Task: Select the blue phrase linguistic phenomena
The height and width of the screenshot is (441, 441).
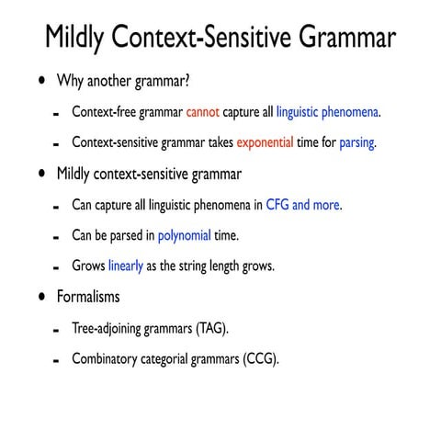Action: click(327, 113)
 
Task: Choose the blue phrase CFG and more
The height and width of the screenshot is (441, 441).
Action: click(302, 205)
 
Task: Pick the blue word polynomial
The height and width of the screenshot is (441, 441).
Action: click(185, 235)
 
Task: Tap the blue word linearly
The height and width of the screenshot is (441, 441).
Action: click(126, 266)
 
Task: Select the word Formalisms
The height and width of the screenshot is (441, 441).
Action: click(88, 298)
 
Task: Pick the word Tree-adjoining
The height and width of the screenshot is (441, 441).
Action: click(109, 328)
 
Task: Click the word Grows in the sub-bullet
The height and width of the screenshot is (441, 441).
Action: click(88, 266)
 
